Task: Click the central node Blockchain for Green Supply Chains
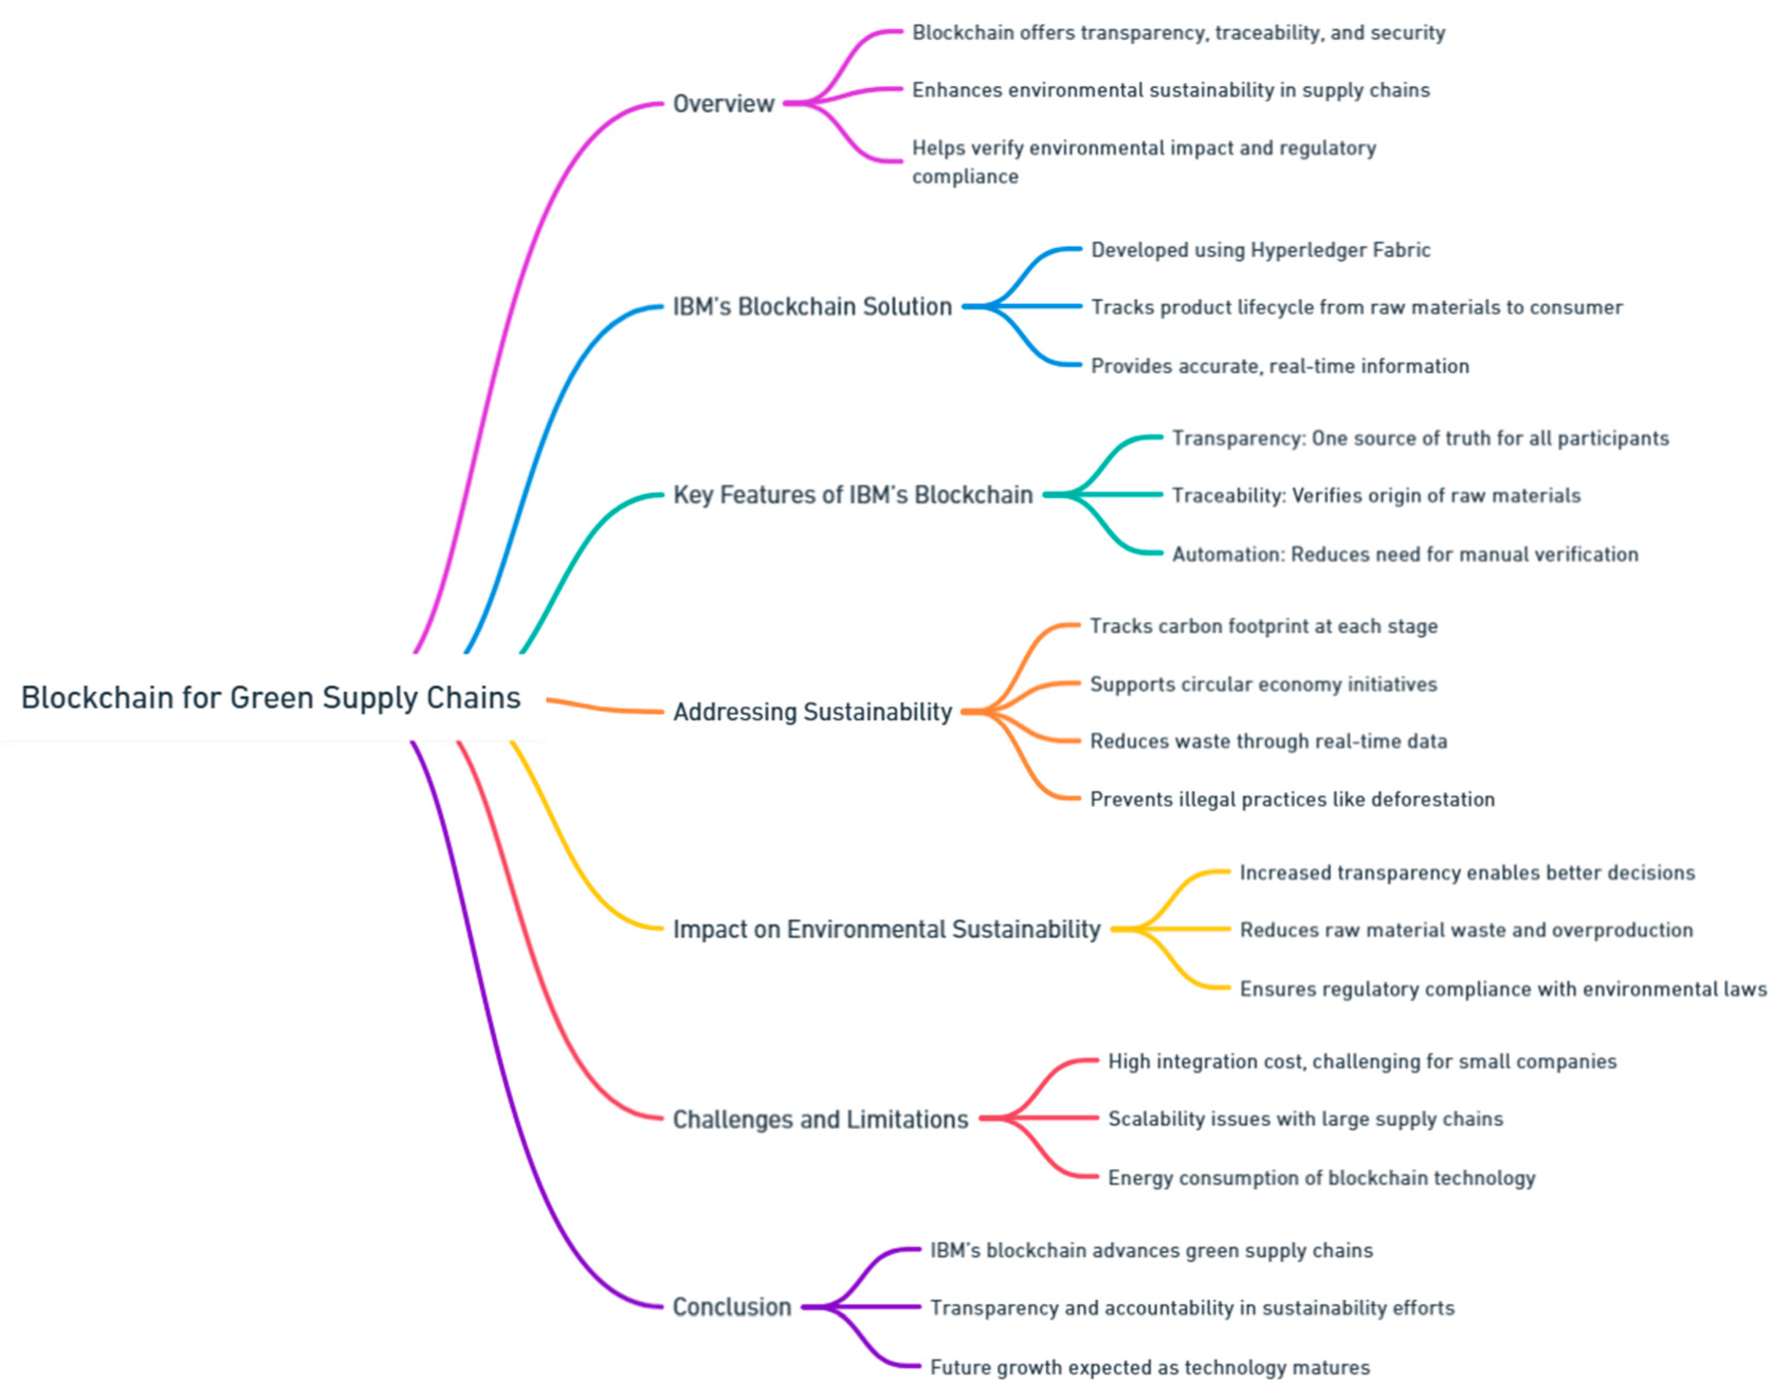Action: [270, 698]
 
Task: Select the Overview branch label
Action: [724, 104]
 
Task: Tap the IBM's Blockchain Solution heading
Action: [812, 307]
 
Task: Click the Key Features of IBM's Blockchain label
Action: [853, 494]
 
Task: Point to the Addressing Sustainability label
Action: [812, 712]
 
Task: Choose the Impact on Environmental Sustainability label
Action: [886, 929]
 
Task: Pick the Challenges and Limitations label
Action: [820, 1119]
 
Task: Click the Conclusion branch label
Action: [732, 1307]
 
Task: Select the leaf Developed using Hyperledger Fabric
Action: [1260, 250]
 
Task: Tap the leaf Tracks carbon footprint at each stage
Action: [1264, 626]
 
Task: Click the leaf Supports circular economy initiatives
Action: [1264, 684]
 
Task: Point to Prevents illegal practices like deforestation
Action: [1292, 799]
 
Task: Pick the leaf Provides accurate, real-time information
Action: [1280, 366]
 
